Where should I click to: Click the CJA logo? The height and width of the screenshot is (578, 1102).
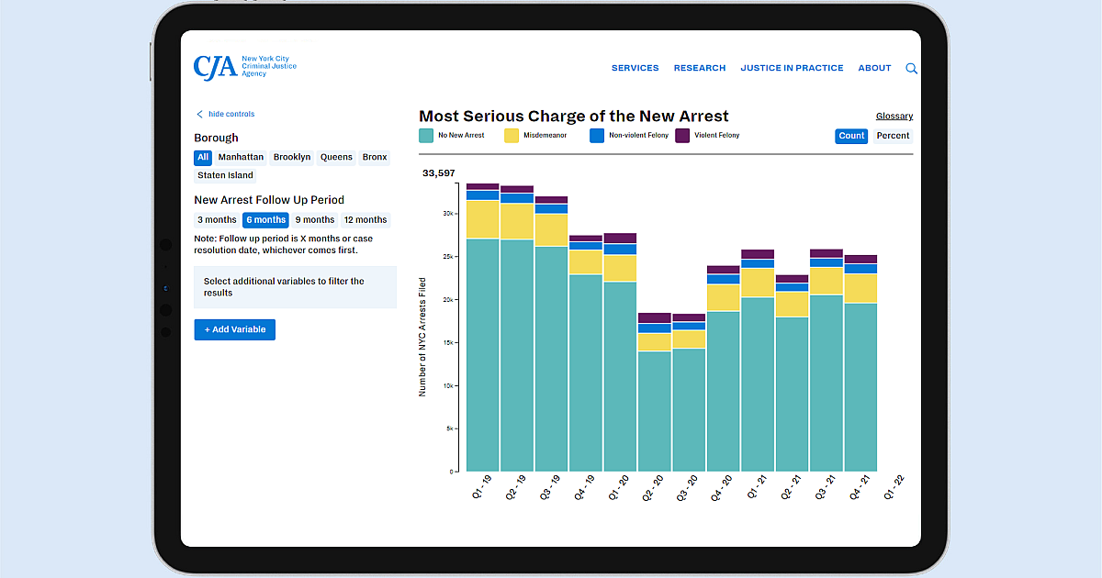pyautogui.click(x=244, y=67)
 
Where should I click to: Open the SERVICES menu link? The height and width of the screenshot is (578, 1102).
pyautogui.click(x=635, y=68)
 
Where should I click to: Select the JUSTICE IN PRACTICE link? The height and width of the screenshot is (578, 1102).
pyautogui.click(x=792, y=68)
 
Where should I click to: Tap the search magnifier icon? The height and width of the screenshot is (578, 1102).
pyautogui.click(x=911, y=68)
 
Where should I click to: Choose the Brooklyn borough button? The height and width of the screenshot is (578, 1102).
pyautogui.click(x=292, y=157)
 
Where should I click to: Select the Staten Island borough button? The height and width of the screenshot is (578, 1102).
pyautogui.click(x=225, y=175)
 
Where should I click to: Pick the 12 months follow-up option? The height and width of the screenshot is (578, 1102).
pyautogui.click(x=365, y=220)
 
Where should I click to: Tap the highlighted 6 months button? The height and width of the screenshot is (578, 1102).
pyautogui.click(x=265, y=220)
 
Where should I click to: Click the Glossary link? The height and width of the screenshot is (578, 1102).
pyautogui.click(x=894, y=117)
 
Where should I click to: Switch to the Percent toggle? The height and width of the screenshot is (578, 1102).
pyautogui.click(x=892, y=136)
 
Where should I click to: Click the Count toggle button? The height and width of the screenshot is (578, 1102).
pyautogui.click(x=851, y=136)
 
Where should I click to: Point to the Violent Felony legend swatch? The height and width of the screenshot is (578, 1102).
pyautogui.click(x=682, y=136)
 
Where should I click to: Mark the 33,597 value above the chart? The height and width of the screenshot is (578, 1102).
pyautogui.click(x=439, y=173)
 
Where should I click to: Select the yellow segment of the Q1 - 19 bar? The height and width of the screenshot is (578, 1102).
pyautogui.click(x=482, y=219)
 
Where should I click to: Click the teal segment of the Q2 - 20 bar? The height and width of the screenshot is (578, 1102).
pyautogui.click(x=654, y=411)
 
